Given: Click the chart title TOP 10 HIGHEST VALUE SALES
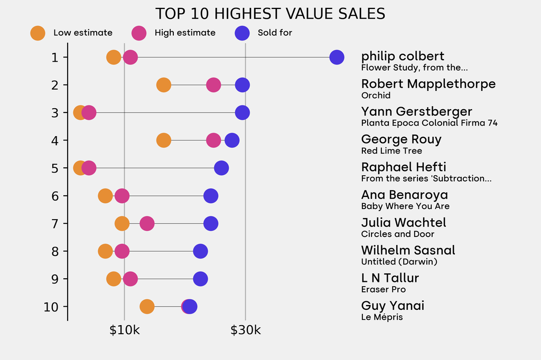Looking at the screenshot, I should (x=270, y=14).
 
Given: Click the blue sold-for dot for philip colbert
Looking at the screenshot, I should (x=337, y=57).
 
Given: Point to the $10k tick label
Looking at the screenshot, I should (x=124, y=331).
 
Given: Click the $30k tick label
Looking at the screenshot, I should (x=245, y=331).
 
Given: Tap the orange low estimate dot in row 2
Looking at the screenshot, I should (x=164, y=85).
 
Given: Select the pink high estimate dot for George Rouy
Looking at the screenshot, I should (x=213, y=140).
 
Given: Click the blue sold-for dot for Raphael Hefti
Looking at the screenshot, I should (x=221, y=168).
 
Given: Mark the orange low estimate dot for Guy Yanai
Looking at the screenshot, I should (x=147, y=307).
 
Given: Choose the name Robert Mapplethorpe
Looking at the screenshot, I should (x=428, y=84).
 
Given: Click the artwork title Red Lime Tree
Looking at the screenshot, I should (x=391, y=151).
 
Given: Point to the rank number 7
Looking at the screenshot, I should (x=55, y=223).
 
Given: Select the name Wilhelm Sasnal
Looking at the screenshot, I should (x=408, y=250).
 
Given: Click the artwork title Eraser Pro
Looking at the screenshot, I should (x=384, y=290).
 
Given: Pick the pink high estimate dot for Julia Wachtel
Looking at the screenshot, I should (x=147, y=223).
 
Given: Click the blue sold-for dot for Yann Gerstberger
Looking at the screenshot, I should (x=242, y=112).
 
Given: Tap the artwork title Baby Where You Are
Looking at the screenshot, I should (x=405, y=206).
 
